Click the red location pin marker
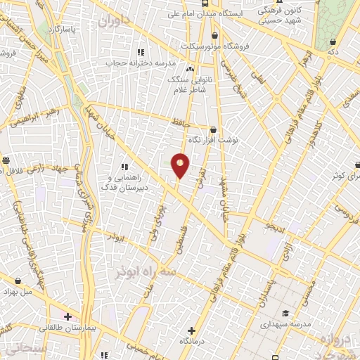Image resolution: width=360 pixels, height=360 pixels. [x=181, y=165]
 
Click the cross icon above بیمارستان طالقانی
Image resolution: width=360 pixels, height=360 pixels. [x=67, y=316]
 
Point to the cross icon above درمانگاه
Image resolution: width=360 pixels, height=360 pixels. [x=192, y=330]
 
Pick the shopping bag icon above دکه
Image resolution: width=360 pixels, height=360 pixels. [x=332, y=41]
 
